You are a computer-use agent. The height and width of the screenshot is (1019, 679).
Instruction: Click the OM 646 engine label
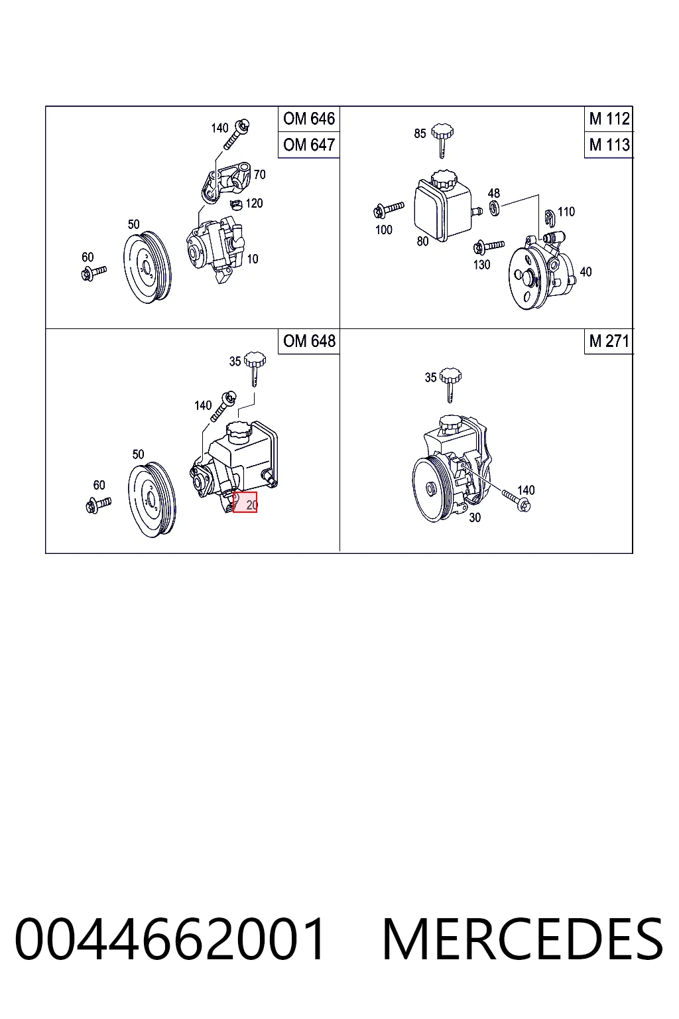pos(309,119)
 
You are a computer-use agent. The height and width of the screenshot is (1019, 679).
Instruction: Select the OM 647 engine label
pos(309,145)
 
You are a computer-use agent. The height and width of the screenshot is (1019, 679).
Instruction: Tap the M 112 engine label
pos(609,119)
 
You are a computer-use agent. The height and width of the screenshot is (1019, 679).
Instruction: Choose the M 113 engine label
pos(609,145)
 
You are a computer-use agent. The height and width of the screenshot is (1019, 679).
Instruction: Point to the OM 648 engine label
pos(309,341)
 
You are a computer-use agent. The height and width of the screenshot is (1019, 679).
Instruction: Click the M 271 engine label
pos(609,341)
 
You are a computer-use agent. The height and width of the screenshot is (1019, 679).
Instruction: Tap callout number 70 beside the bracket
pos(260,174)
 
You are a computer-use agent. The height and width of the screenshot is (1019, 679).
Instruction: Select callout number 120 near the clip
pos(254,203)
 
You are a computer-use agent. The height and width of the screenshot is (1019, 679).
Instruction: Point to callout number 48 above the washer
pos(494,193)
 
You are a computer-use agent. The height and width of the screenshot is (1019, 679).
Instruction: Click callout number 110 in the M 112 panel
pos(566,212)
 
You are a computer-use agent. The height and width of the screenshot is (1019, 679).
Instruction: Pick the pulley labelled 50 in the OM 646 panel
pos(147,267)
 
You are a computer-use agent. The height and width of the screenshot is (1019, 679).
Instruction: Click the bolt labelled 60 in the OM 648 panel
pos(98,504)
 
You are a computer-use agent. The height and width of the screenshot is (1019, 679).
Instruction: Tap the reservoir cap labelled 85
pos(442,139)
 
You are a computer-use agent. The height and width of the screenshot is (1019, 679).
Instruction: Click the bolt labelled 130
pos(489,247)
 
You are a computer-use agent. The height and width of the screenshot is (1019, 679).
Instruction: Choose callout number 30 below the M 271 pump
pos(475,517)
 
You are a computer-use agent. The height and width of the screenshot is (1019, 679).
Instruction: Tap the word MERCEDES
pos(523,939)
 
